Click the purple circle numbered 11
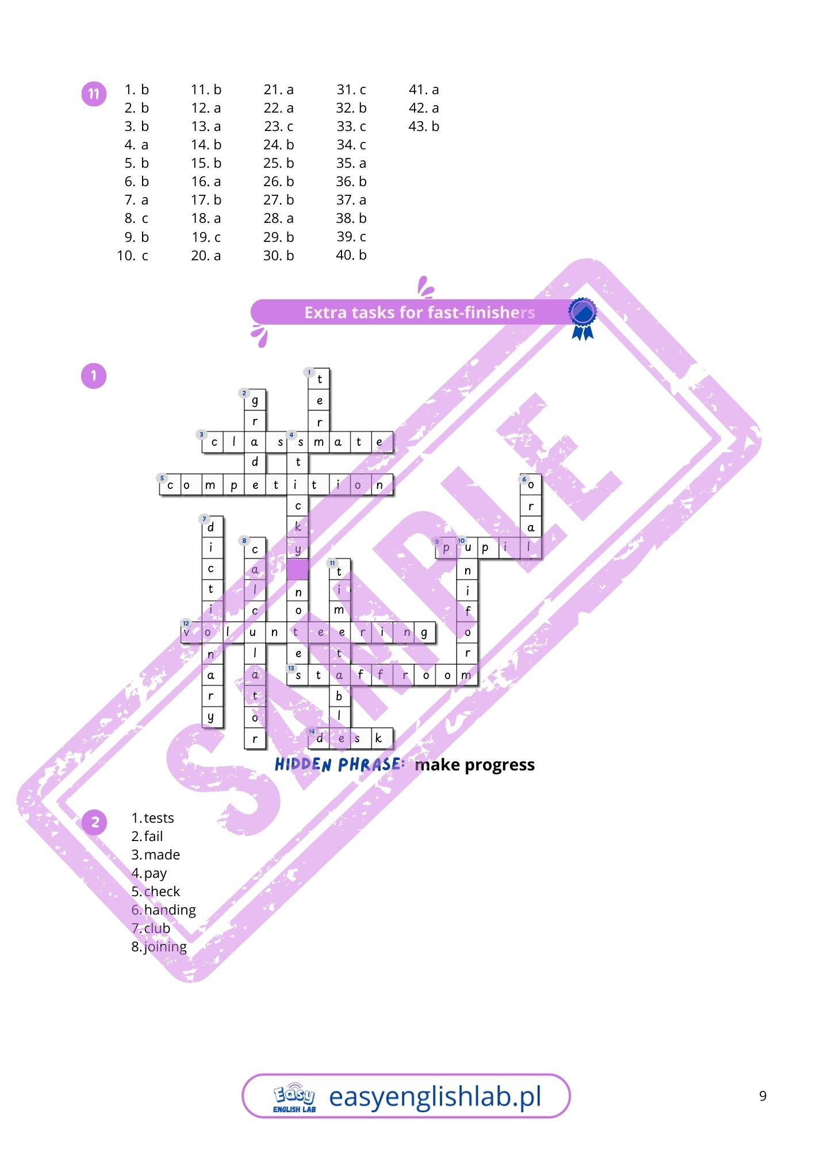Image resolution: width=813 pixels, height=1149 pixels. pos(94,94)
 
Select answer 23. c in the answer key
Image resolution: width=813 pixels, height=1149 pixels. pos(278,126)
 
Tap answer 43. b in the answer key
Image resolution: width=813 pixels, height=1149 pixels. pos(424,126)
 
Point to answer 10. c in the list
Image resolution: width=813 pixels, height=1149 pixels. pos(132,256)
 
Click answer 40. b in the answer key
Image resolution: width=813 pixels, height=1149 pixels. pos(351,255)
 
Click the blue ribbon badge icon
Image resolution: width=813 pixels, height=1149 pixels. pos(582,318)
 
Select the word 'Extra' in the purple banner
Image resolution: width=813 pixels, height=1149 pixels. pos(324,313)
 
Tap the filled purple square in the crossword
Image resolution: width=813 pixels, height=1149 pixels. pos(298,569)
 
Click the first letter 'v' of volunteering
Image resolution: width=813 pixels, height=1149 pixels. pos(187,633)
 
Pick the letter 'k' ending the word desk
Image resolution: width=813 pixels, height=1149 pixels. pos(378,738)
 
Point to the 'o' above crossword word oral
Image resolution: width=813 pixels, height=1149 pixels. pos(531,485)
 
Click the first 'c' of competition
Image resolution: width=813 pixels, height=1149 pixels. pos(170,485)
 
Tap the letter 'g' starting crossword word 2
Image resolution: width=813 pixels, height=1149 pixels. pos(255,400)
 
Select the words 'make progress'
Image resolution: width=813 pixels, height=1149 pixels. pos(474,765)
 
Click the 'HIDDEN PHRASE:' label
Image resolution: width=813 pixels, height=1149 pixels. pos(339,765)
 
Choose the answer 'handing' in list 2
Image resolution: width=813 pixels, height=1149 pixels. pos(170,910)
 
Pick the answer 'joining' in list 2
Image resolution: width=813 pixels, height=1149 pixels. pos(165,947)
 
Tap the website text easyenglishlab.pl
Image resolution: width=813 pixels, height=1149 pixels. pos(435,1097)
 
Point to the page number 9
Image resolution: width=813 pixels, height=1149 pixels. pos(762,1096)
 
